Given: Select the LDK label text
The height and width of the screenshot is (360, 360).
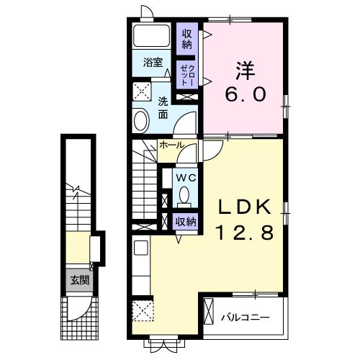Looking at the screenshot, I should click(245, 207).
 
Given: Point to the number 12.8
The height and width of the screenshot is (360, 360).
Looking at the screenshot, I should click(245, 232).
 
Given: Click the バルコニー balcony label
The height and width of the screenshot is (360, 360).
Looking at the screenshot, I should click(245, 316).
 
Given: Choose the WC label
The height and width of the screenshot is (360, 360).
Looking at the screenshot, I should click(184, 177).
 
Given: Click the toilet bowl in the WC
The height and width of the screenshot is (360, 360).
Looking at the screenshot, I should click(184, 195).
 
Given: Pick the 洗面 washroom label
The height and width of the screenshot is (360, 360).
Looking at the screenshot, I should click(163, 107).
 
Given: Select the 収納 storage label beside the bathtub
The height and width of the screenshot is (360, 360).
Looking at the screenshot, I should click(187, 38).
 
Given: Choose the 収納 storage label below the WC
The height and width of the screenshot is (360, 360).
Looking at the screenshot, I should click(185, 222).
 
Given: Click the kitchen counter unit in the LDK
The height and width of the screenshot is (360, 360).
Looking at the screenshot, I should click(141, 270).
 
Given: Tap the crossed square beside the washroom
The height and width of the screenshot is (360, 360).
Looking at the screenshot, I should click(141, 91).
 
